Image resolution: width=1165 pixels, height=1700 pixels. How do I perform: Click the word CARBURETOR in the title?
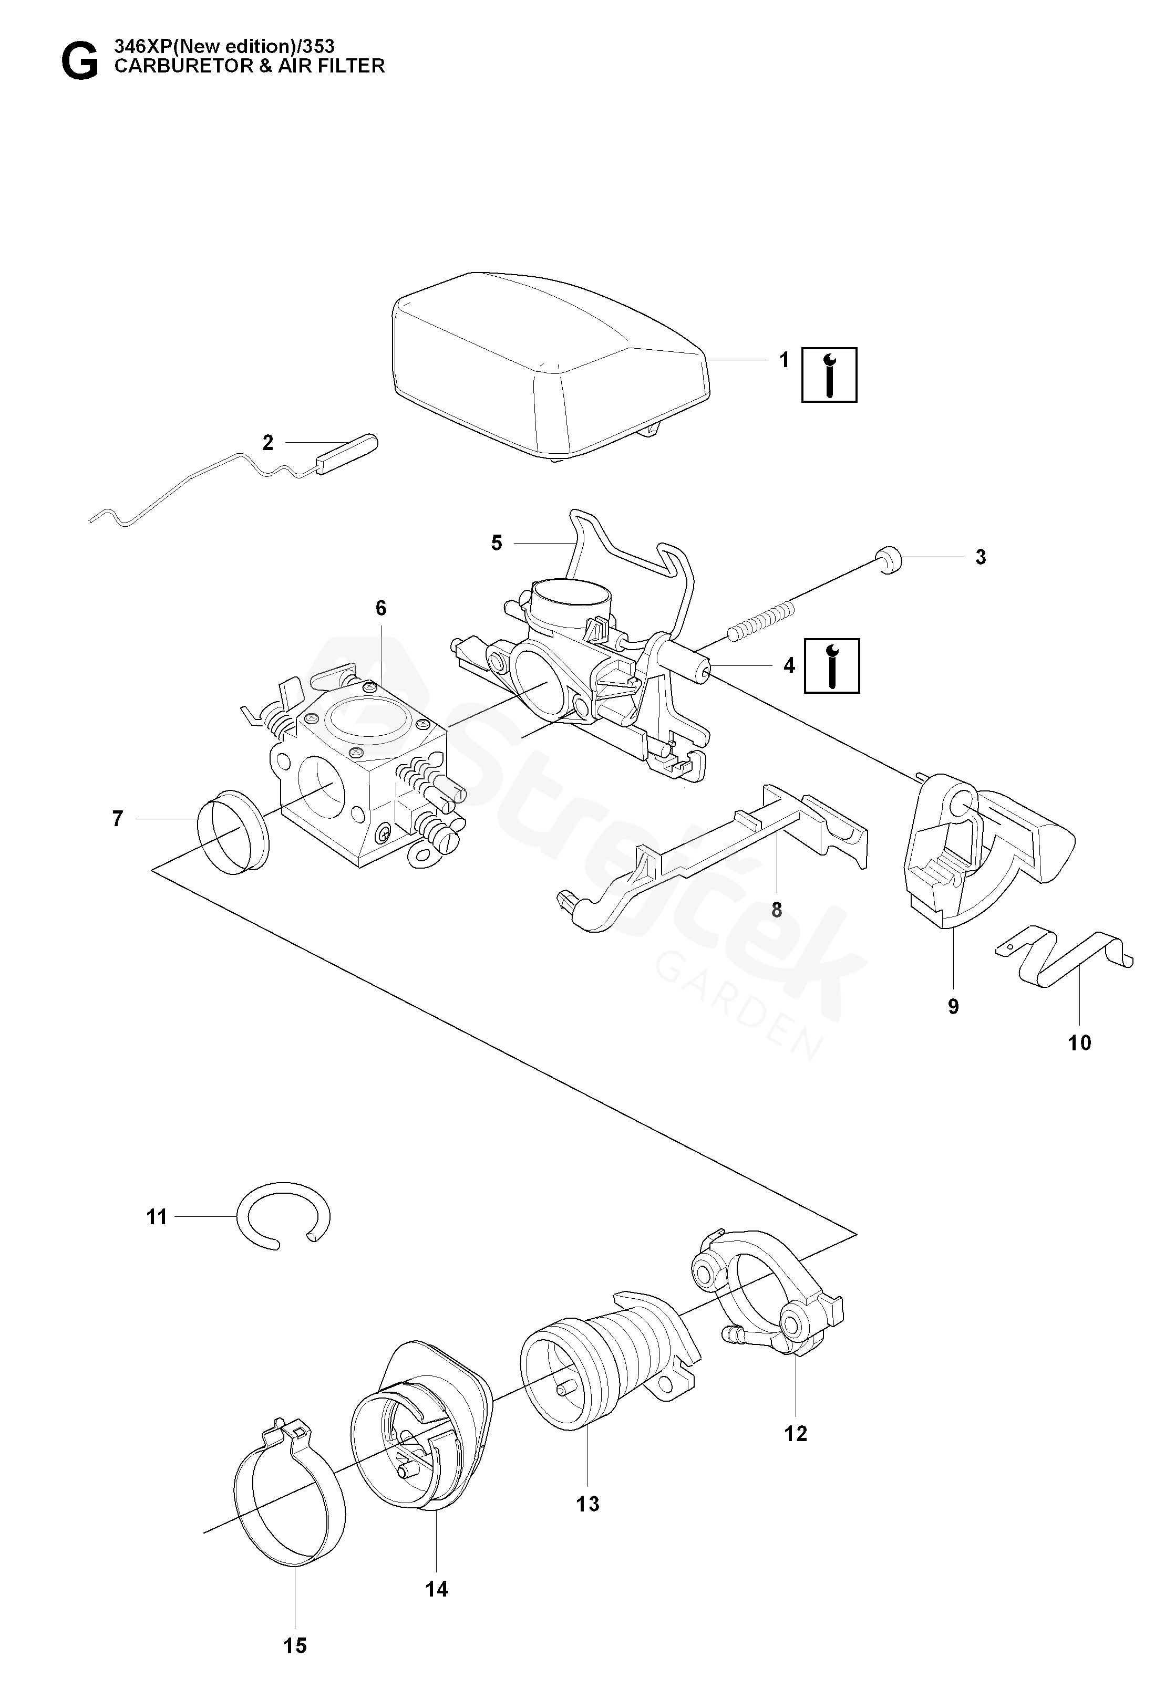click(x=181, y=66)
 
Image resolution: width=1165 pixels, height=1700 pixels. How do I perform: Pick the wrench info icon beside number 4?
click(x=832, y=666)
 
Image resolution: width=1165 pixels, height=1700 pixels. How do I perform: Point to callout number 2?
click(x=268, y=443)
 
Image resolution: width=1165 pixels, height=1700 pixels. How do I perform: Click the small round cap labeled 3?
click(x=889, y=560)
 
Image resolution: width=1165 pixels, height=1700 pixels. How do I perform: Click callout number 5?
click(x=497, y=543)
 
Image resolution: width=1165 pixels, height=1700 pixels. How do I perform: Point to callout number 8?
click(x=777, y=910)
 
